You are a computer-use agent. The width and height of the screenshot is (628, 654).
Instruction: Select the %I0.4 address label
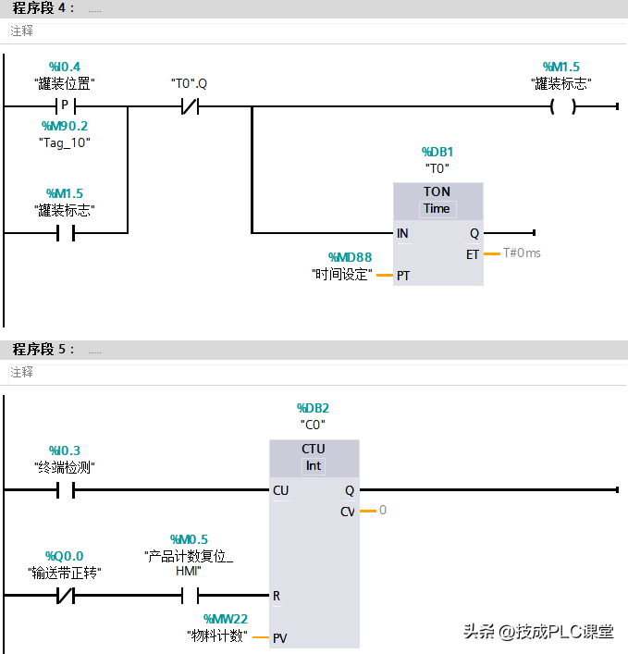point(65,67)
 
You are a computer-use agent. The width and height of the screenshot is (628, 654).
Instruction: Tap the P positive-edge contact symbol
point(65,106)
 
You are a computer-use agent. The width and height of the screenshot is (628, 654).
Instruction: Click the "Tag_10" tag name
point(65,142)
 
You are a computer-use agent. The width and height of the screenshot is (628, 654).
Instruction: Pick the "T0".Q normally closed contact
point(189,106)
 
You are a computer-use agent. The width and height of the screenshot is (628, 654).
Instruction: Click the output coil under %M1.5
point(561,106)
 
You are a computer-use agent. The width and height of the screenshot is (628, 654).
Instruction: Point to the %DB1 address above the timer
point(437,152)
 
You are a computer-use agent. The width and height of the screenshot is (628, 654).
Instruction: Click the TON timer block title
point(437,191)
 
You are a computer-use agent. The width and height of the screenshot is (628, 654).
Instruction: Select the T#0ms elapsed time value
point(522,253)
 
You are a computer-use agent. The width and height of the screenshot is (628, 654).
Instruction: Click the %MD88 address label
point(350,257)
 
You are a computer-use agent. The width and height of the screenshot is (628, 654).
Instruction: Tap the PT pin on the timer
point(403,275)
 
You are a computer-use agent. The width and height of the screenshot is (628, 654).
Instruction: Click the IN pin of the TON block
point(402,233)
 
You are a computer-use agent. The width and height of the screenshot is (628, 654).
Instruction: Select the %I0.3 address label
point(65,450)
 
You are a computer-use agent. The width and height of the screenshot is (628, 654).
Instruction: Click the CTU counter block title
point(314,449)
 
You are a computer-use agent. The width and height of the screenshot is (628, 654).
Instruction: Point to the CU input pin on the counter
point(280,490)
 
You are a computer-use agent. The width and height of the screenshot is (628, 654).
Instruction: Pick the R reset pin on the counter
point(277,596)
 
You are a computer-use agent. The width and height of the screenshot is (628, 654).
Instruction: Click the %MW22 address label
point(226,618)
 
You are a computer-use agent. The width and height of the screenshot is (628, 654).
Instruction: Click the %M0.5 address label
point(189,538)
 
